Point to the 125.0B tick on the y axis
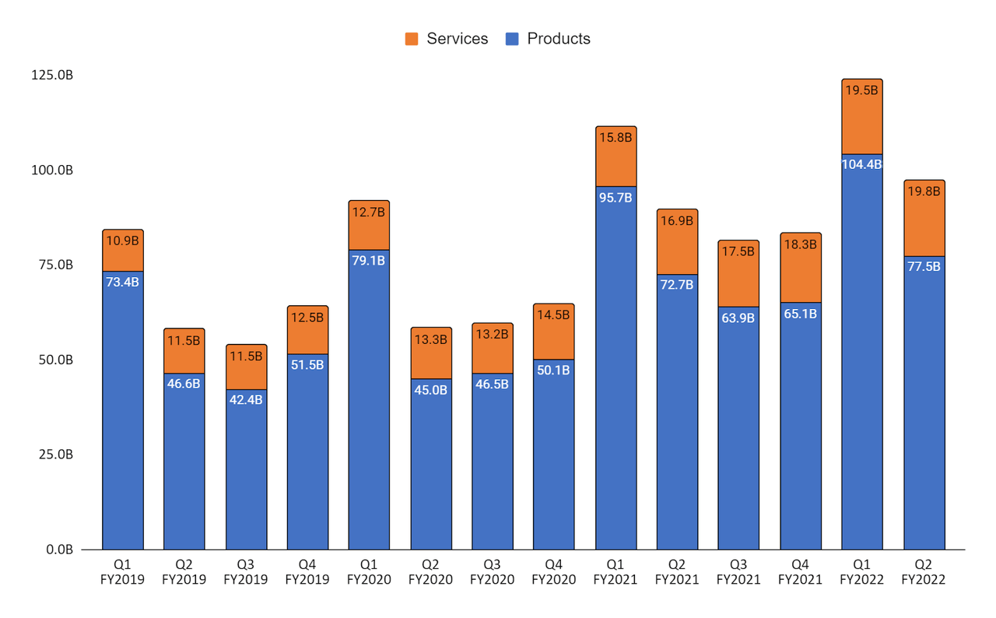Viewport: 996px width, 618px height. pos(52,75)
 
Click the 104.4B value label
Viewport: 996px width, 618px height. pos(861,163)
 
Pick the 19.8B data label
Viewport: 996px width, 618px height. pos(924,189)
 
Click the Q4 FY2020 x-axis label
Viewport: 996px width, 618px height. pos(554,572)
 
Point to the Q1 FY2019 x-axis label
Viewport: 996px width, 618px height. pos(122,572)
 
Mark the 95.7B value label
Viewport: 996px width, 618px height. pos(615,197)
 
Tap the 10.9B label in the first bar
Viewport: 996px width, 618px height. pos(122,241)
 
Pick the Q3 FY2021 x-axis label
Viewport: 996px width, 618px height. pos(738,572)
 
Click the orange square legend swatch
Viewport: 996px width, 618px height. pos(412,39)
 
